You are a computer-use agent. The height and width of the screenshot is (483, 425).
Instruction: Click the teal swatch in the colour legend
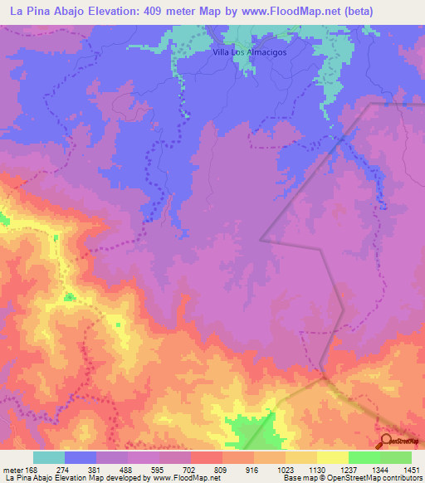tap(49, 457)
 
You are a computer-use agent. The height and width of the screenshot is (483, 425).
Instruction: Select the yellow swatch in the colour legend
tap(332, 457)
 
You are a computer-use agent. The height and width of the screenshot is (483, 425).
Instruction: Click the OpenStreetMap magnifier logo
tap(385, 442)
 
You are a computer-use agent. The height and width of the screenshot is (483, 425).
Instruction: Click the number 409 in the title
tap(154, 11)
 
